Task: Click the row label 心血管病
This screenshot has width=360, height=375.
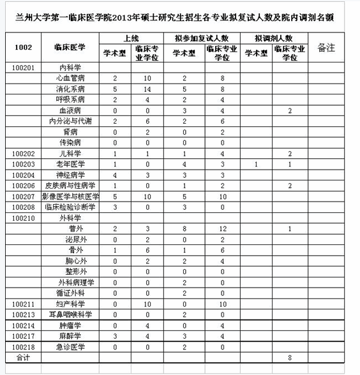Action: coord(70,78)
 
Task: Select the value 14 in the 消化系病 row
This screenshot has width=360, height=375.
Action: coord(147,89)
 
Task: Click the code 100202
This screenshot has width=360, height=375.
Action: coord(23,154)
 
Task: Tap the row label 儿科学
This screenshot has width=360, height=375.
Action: coord(70,154)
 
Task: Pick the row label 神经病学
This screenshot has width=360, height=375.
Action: coord(70,175)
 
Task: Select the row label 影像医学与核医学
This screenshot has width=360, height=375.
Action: coord(70,196)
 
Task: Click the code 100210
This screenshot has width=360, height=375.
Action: coord(23,217)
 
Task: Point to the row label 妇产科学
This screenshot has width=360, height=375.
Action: coord(70,304)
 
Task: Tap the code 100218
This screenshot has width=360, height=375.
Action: coord(23,346)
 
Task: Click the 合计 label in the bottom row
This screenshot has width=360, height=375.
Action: coord(23,357)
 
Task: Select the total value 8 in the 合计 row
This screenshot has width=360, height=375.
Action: coord(290,357)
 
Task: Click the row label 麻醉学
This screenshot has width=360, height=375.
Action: coord(70,335)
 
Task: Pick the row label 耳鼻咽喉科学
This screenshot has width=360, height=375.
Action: coord(70,314)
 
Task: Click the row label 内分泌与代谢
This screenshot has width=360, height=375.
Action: coord(70,121)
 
